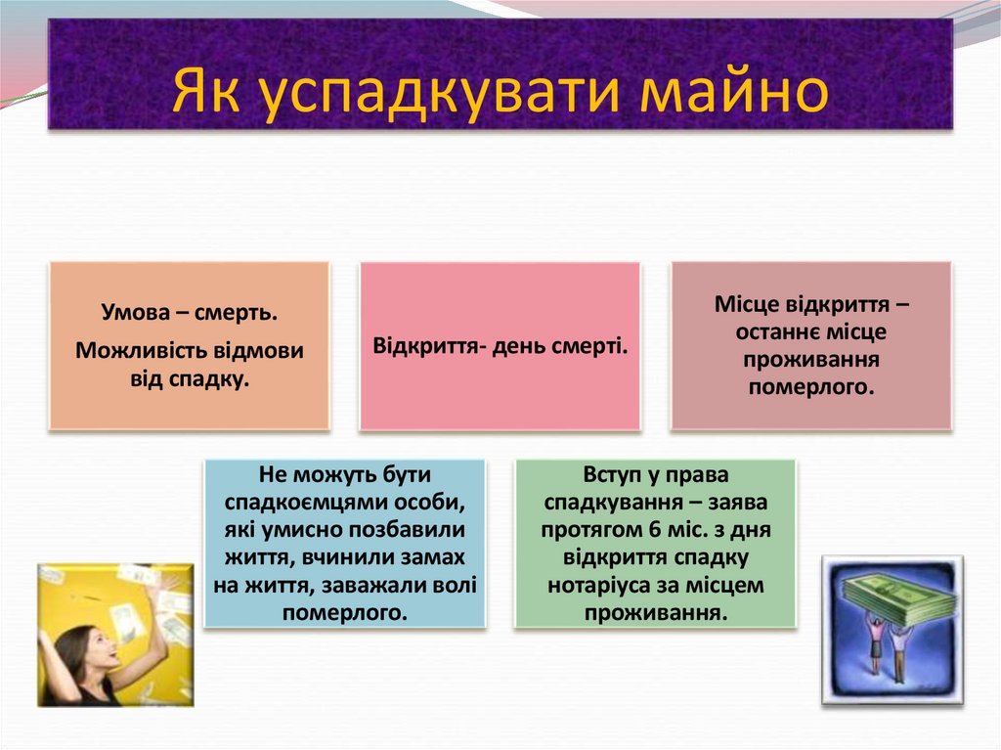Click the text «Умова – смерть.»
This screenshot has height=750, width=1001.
tap(190, 314)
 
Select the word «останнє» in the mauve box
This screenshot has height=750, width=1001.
tap(778, 331)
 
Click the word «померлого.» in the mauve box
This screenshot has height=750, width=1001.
tap(810, 386)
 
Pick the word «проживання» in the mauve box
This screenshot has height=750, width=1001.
tap(810, 359)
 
